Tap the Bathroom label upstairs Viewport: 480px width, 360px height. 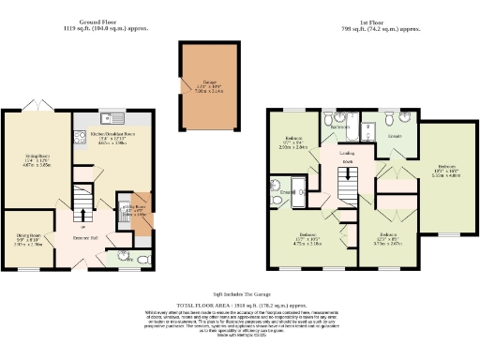click(341, 126)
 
